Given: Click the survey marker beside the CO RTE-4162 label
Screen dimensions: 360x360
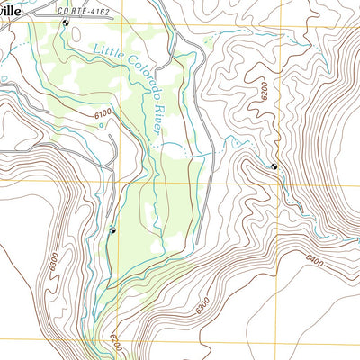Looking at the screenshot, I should [65, 22].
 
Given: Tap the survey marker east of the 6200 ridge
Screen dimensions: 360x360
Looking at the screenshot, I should [274, 166].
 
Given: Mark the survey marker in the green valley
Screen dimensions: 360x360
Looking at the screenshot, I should [112, 230].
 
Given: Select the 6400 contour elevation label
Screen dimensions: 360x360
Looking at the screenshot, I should [314, 261].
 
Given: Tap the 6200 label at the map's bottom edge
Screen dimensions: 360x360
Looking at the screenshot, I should [114, 343].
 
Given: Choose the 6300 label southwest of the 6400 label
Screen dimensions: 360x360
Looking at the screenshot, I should [202, 304].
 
